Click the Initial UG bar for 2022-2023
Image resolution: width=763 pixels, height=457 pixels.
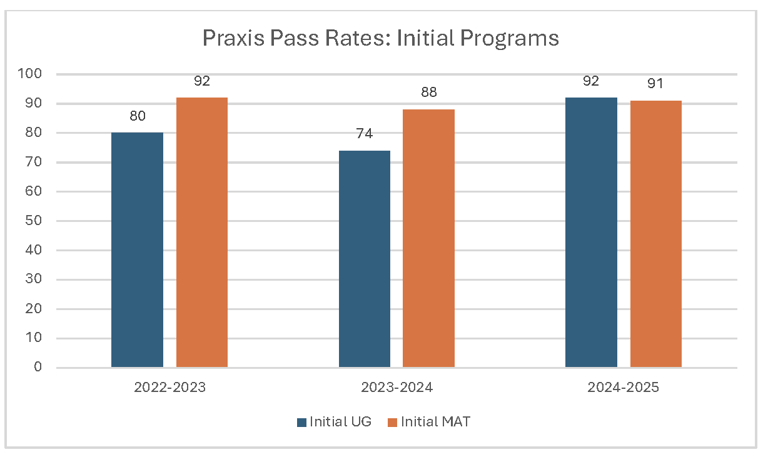(137, 250)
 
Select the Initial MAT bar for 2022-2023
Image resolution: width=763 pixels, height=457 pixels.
(201, 233)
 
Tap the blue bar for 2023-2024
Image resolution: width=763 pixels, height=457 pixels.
(364, 259)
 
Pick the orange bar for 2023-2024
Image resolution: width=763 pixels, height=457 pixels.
(428, 238)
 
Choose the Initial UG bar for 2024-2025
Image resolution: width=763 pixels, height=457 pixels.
(591, 233)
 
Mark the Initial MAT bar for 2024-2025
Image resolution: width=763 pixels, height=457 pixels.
(655, 234)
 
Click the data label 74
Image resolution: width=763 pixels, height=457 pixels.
(364, 134)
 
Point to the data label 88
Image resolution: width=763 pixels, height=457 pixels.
(428, 93)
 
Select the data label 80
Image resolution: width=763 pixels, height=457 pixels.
(137, 116)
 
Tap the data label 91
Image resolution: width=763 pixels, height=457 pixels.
(655, 84)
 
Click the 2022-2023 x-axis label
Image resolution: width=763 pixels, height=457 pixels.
(169, 388)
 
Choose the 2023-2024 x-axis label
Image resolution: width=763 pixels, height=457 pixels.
(397, 388)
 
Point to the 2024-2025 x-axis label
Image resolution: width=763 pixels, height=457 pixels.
(623, 388)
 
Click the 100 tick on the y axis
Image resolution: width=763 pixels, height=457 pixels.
(31, 74)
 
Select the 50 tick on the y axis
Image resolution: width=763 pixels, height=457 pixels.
(34, 221)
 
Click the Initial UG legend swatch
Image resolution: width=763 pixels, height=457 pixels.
(301, 422)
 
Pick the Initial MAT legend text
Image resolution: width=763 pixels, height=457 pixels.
(435, 422)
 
